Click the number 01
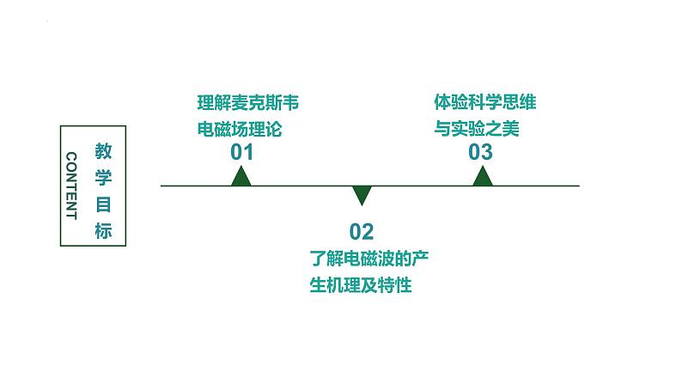click(242, 153)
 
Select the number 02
click(362, 231)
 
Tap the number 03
click(481, 153)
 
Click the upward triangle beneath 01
click(241, 176)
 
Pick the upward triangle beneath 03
click(483, 176)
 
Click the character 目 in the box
click(103, 204)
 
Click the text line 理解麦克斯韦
click(247, 105)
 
